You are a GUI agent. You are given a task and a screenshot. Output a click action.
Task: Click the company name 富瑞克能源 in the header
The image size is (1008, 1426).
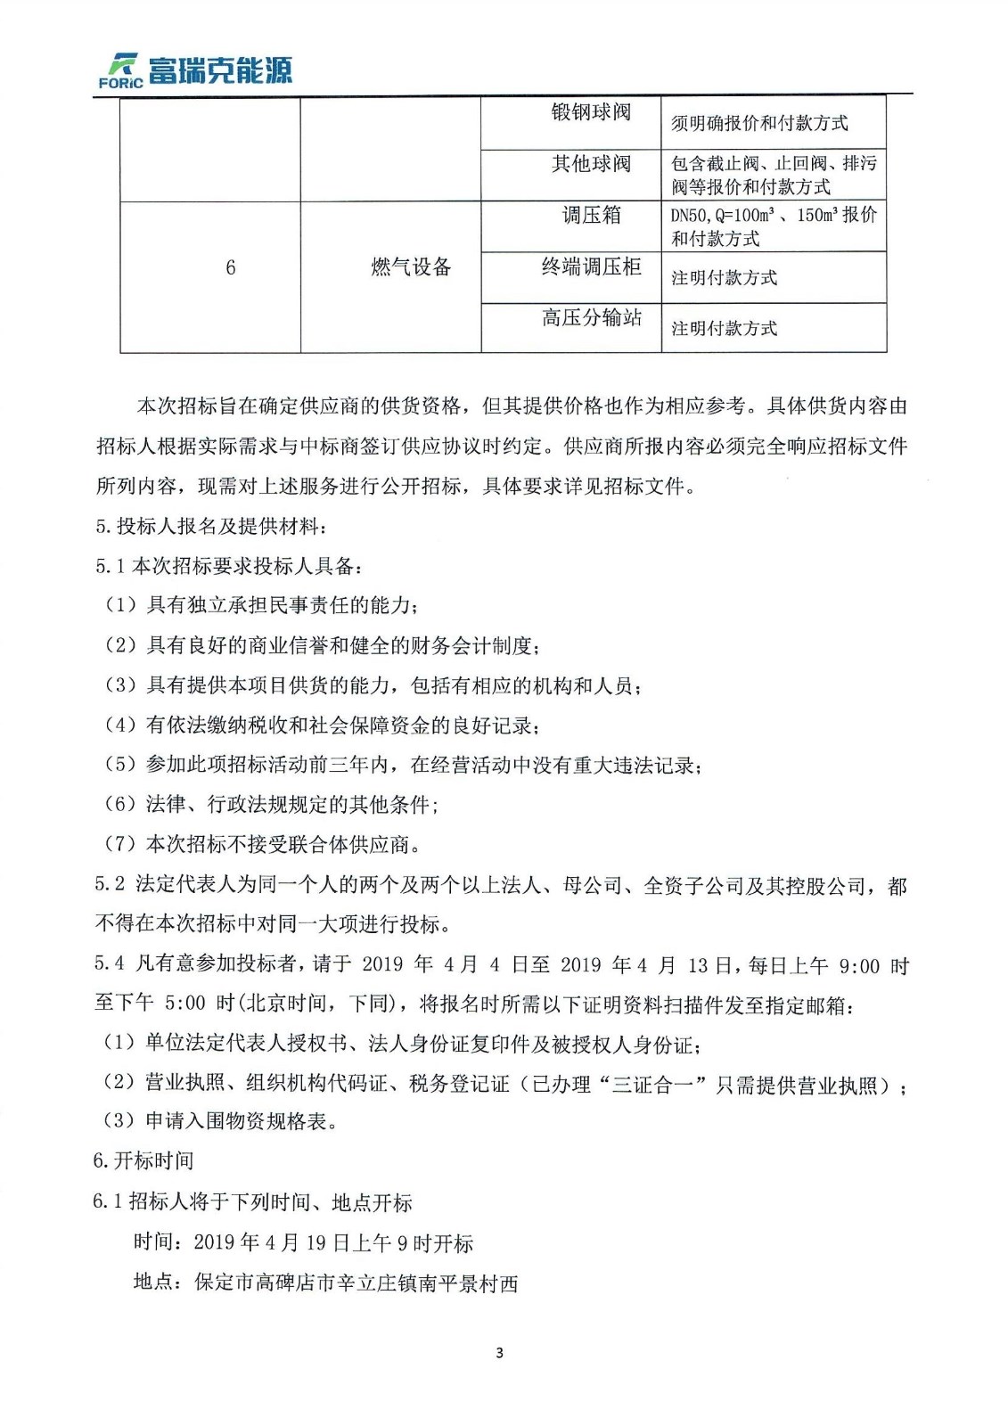click(219, 70)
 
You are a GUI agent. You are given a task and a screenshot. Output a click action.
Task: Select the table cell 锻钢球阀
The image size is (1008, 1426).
click(590, 112)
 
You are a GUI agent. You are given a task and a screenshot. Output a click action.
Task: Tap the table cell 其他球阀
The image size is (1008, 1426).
click(590, 164)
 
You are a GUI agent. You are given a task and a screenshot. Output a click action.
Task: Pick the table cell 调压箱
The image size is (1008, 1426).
click(590, 215)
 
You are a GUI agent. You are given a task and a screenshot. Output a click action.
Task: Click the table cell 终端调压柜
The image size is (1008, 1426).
click(590, 266)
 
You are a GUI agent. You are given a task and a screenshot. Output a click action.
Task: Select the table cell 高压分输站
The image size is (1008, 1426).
click(590, 317)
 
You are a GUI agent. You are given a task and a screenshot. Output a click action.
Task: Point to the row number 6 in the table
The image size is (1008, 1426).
click(230, 267)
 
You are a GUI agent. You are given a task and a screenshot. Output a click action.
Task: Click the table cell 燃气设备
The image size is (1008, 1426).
click(411, 266)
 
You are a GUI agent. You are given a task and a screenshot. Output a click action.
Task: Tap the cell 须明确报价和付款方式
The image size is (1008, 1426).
click(759, 123)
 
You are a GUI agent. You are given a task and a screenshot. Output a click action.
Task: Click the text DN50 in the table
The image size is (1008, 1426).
click(689, 216)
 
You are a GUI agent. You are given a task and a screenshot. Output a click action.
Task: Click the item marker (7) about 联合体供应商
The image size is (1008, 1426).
click(120, 843)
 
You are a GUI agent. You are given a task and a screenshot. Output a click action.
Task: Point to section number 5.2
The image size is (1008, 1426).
click(110, 884)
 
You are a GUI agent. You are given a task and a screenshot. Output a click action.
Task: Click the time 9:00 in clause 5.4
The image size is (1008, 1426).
click(859, 965)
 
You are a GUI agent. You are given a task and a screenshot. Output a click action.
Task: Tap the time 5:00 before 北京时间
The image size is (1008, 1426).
click(185, 1003)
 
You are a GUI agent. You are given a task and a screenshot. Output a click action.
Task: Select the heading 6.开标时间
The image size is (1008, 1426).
click(143, 1160)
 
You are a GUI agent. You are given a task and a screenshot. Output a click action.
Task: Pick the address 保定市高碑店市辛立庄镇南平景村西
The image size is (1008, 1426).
click(356, 1283)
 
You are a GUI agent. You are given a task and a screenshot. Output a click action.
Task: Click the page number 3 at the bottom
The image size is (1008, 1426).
click(499, 1353)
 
